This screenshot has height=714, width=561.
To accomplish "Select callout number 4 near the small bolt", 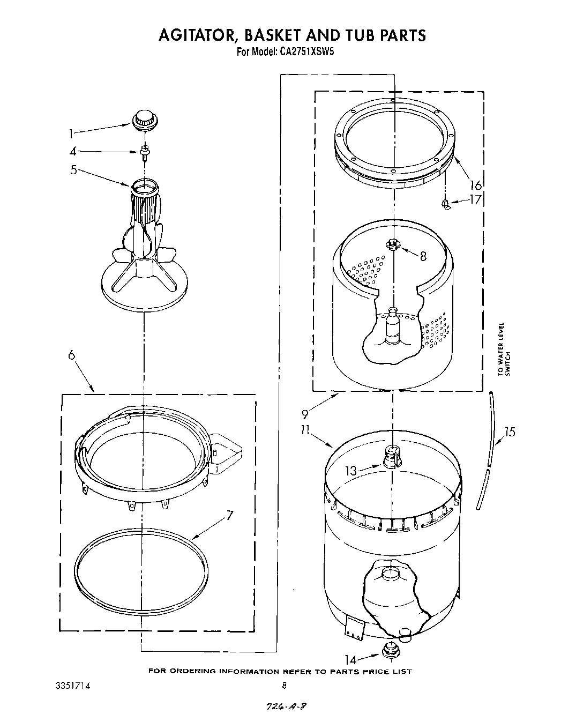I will point(73,152).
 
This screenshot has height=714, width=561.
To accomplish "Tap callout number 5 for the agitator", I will point(73,171).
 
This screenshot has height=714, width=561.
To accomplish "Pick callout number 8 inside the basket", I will point(423,256).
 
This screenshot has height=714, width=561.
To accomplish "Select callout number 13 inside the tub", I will point(351,471).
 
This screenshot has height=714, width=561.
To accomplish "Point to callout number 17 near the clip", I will point(475,200).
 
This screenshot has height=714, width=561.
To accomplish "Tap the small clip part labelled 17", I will point(446,203).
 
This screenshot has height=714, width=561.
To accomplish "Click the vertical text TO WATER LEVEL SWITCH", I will point(504,348).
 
